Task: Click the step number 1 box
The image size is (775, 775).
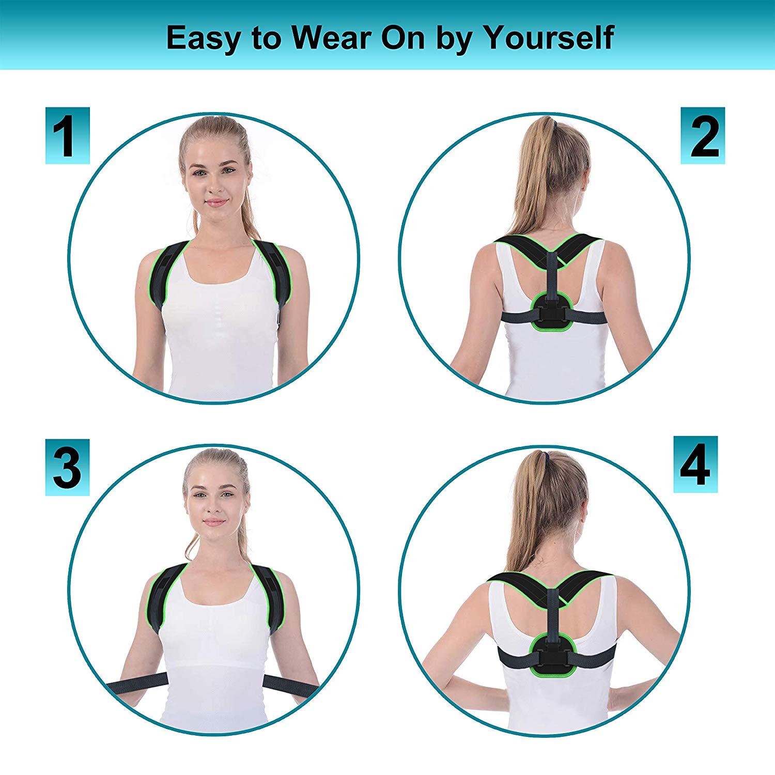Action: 67,136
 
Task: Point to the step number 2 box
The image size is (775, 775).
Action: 703,136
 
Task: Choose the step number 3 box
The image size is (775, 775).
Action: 67,468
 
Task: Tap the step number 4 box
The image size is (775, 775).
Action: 695,464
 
